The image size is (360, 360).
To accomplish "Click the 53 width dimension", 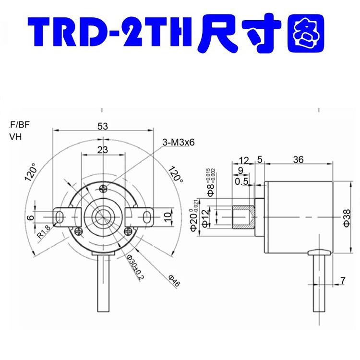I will pyautogui.click(x=102, y=126).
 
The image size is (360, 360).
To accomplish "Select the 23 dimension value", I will pyautogui.click(x=102, y=149).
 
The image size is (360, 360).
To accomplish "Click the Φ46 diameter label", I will pyautogui.click(x=174, y=281).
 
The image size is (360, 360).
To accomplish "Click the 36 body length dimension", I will pyautogui.click(x=298, y=161).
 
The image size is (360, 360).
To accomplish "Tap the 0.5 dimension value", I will pyautogui.click(x=241, y=181).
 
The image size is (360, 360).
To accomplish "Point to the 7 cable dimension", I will pyautogui.click(x=342, y=279).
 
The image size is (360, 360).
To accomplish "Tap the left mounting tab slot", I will pyautogui.click(x=60, y=217).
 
